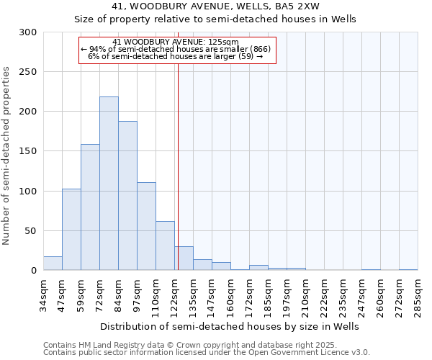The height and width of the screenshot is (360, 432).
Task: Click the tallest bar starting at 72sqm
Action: (x=109, y=184)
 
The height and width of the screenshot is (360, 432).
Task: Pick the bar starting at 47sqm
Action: (x=71, y=230)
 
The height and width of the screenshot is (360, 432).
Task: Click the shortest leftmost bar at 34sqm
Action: (x=53, y=264)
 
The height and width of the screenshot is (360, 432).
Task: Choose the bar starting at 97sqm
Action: (x=146, y=226)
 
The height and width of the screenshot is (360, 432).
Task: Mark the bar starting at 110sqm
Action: (x=165, y=246)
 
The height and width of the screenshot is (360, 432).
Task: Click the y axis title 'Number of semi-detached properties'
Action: (x=6, y=156)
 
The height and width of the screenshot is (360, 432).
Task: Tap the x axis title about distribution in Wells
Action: (x=229, y=326)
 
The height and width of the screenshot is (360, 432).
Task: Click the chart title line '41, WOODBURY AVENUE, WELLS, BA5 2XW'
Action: (x=215, y=6)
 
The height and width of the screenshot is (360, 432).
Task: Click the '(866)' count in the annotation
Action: (x=261, y=49)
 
